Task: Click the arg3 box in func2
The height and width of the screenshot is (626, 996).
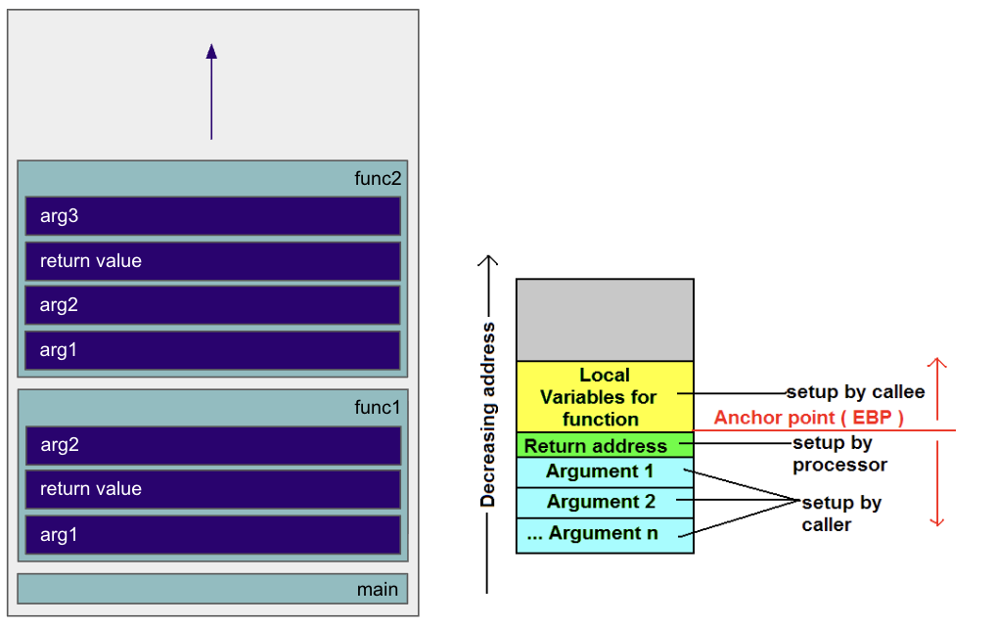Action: pos(212,216)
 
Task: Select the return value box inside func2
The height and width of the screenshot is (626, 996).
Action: pos(212,261)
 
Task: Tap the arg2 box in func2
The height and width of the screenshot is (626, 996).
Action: pos(212,305)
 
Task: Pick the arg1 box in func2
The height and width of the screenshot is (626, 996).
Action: pos(212,350)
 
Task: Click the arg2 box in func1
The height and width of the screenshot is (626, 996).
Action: pos(212,445)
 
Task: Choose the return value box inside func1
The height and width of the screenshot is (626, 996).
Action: pos(212,489)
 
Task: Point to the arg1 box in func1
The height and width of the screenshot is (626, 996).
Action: pos(212,535)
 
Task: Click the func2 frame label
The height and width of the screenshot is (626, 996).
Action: pos(378,179)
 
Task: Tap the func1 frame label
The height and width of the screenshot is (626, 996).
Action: pos(378,407)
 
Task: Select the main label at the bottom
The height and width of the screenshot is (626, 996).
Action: pos(377,589)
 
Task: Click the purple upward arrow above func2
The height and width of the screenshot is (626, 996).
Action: pos(211,92)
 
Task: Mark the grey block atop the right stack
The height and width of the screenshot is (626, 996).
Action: pos(605,320)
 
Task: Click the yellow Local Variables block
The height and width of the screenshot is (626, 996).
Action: pos(605,397)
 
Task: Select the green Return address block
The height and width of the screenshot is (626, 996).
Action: pos(605,446)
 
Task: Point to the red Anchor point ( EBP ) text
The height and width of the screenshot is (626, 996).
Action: pos(808,418)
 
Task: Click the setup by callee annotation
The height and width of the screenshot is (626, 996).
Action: pos(855,392)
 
